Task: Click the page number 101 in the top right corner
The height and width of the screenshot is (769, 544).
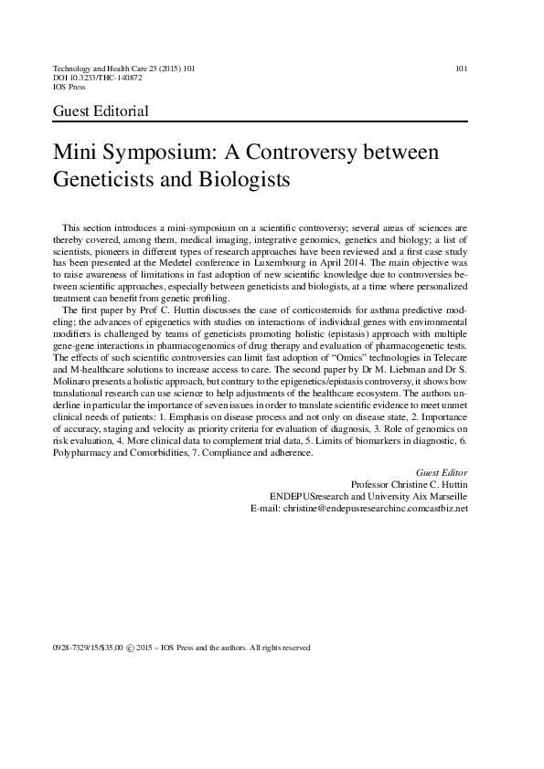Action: click(x=461, y=68)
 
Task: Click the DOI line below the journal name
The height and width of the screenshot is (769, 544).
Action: click(x=98, y=79)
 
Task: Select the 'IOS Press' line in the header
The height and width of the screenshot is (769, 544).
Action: click(x=72, y=89)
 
